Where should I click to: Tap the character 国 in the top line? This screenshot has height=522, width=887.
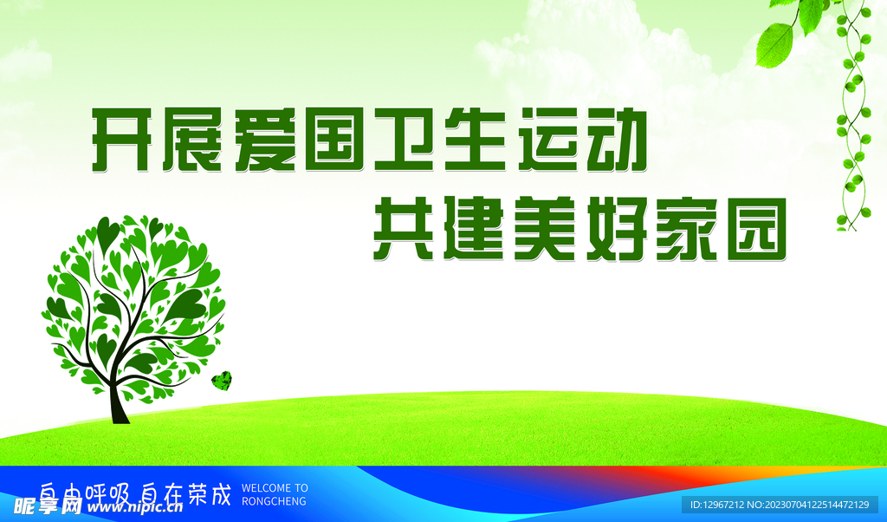point(333,140)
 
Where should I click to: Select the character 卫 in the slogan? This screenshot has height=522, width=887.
point(404,140)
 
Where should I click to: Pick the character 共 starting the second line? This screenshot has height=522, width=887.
point(403,228)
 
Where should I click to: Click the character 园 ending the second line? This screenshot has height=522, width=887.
point(757,229)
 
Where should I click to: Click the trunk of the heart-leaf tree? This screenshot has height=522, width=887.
point(118,400)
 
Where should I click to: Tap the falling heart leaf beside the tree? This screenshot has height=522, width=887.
point(222,381)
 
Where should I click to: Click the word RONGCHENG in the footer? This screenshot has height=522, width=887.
point(274,501)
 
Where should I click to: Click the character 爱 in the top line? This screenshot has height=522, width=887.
point(263,140)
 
